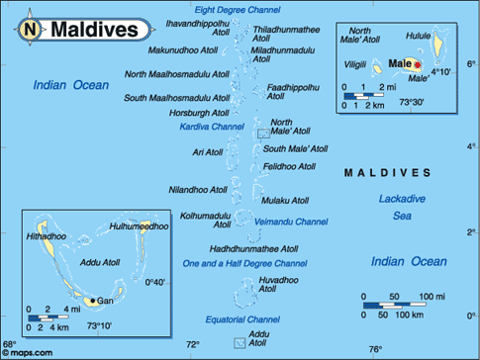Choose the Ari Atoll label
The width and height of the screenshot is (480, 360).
click(x=208, y=152)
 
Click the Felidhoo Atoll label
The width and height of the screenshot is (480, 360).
click(x=293, y=165)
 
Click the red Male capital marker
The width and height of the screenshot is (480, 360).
click(x=417, y=65)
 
